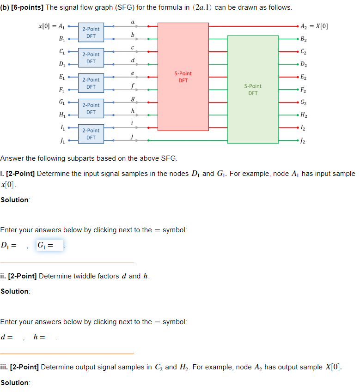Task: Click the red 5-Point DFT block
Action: coord(183,76)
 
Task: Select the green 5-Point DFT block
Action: coord(253,89)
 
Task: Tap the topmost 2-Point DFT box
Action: coord(91,32)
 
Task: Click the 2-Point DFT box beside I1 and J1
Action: coord(91,134)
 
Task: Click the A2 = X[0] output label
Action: coord(314,26)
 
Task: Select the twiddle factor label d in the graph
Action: coord(133,60)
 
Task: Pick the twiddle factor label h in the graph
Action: coord(133,111)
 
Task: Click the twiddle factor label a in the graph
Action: coord(133,21)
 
